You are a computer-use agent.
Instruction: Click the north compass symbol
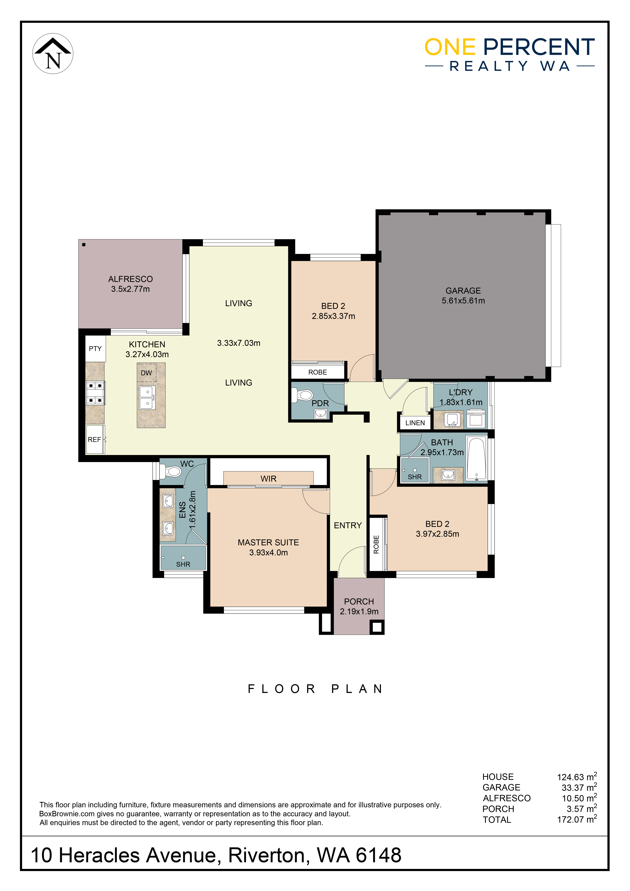(x=53, y=54)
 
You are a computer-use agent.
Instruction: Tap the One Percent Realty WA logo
(x=510, y=54)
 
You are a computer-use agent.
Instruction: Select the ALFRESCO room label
(x=130, y=279)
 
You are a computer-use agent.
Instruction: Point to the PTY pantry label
(x=95, y=349)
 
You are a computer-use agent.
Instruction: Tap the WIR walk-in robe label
(x=269, y=479)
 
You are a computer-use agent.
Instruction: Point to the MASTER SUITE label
(x=268, y=542)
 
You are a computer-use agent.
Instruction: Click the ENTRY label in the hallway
(x=348, y=525)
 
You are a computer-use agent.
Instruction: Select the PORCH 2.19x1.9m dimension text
(x=359, y=612)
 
